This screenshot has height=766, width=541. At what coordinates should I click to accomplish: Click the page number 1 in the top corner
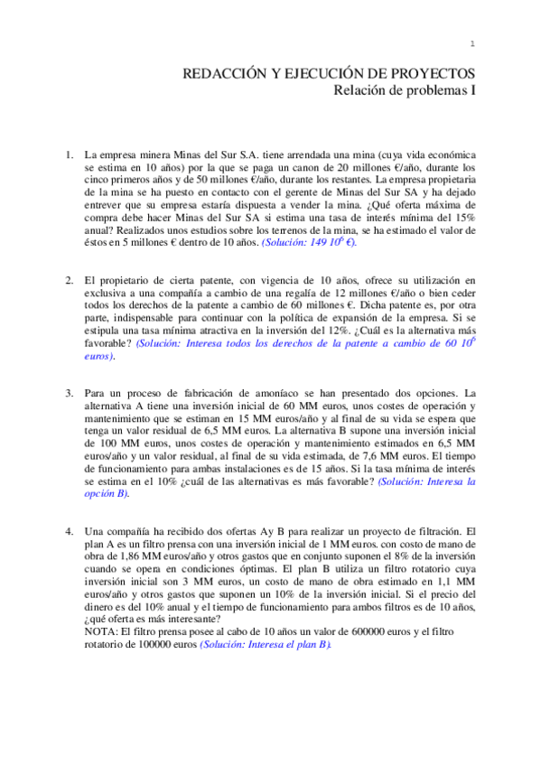coord(472,45)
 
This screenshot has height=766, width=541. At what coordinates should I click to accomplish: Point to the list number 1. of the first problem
coord(69,154)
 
